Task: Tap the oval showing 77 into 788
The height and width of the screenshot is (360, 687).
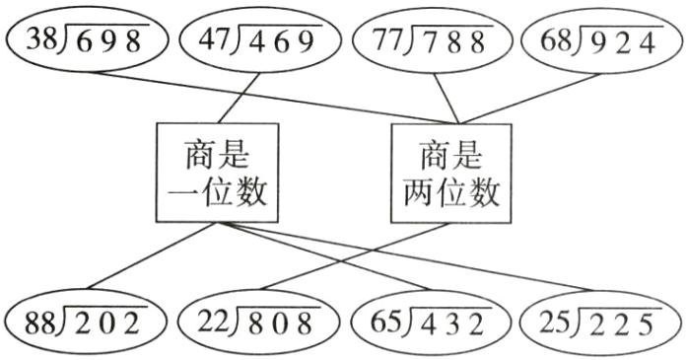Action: point(430,40)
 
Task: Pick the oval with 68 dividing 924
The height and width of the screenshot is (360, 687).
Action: point(600,40)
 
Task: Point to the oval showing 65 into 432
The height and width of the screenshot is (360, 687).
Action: point(430,321)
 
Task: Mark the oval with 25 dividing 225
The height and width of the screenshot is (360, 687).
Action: point(600,321)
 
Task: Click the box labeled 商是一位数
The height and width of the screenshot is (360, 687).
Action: point(218,174)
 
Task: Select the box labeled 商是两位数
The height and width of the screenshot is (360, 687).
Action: point(451,174)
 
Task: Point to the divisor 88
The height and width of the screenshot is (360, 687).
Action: point(38,321)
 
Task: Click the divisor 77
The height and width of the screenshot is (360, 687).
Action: point(388,40)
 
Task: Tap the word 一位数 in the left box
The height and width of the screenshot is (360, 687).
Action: point(218,193)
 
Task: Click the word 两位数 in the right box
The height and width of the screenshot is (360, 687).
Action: point(451,193)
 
